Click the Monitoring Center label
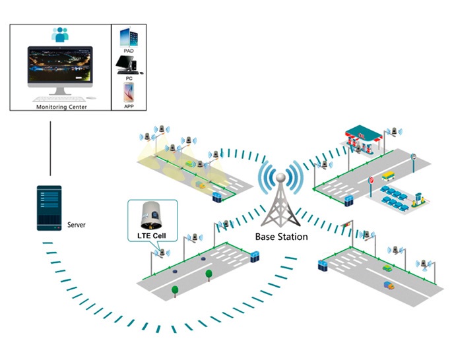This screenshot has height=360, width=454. point(61,107)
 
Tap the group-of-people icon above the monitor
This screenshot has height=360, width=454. point(61,35)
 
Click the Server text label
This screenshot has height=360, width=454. point(76,225)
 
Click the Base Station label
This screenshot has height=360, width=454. point(282,236)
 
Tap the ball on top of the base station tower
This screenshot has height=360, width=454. point(280,177)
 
